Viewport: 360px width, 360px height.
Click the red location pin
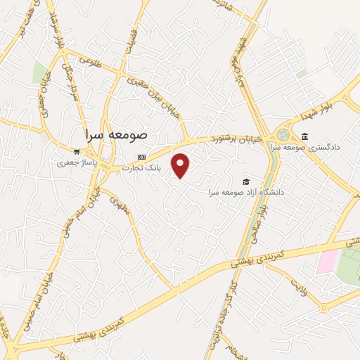tap(181, 165)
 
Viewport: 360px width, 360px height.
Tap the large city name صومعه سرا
tap(116, 134)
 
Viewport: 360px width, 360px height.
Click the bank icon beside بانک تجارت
tap(142, 157)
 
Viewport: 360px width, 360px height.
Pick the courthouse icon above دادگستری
tap(304, 136)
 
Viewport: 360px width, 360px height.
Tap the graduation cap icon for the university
tap(245, 182)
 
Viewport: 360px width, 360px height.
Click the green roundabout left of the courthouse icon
tap(283, 134)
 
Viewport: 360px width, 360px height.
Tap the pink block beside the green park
tap(327, 262)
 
